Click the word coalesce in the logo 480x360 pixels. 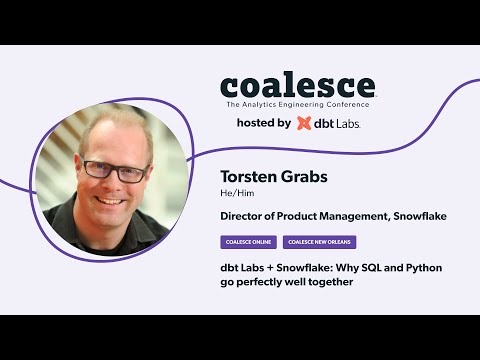click(x=297, y=86)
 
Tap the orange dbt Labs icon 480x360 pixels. click(x=304, y=123)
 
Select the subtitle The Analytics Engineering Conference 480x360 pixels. click(x=297, y=104)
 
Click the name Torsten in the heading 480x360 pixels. click(x=245, y=177)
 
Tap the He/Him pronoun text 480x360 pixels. click(x=233, y=194)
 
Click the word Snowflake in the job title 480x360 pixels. click(x=413, y=215)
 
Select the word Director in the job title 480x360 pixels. click(x=243, y=215)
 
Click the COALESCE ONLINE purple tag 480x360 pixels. click(x=248, y=242)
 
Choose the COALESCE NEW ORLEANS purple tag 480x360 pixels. click(x=320, y=242)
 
